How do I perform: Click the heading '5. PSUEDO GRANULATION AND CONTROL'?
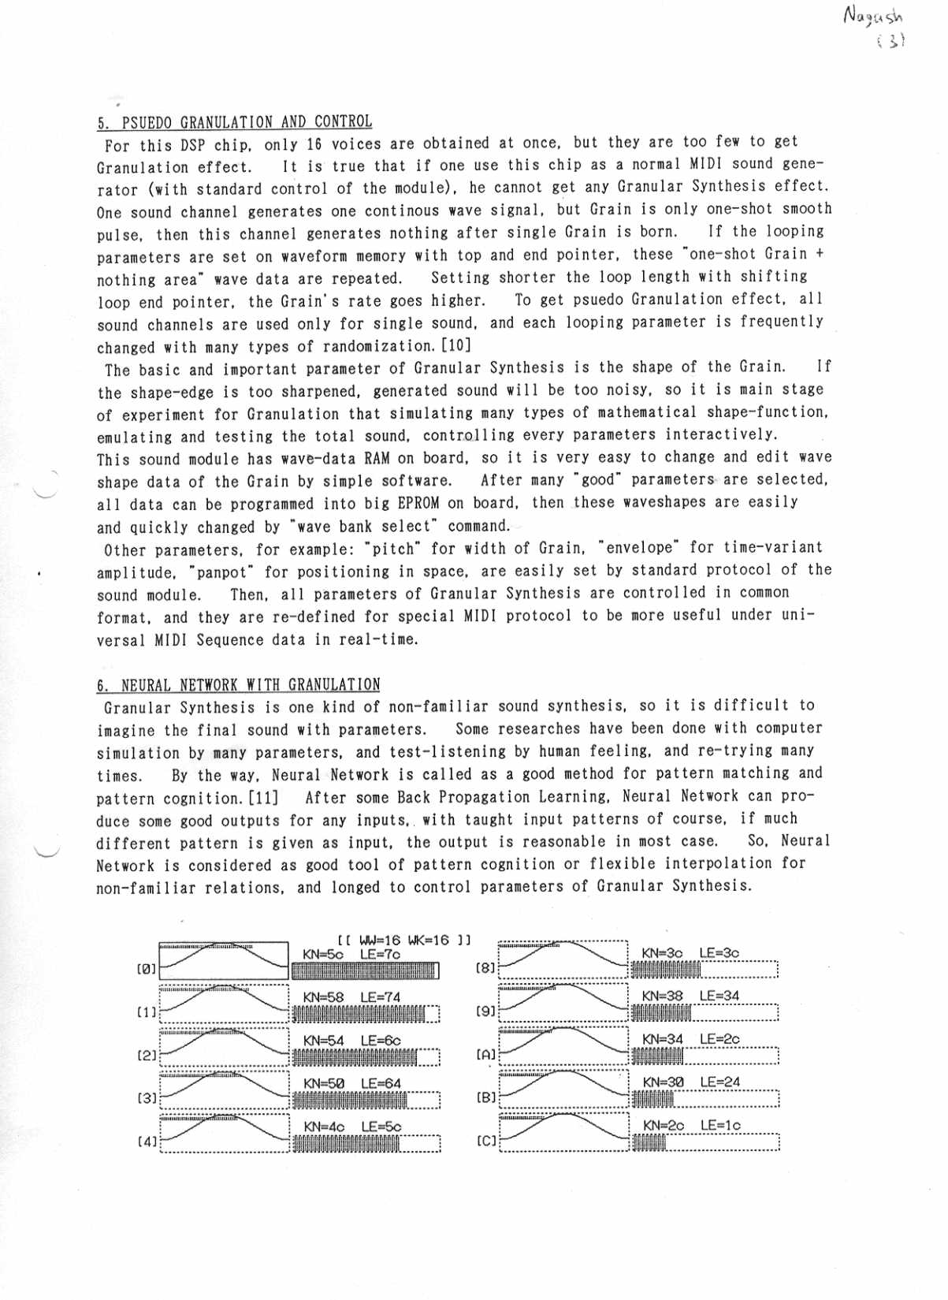(x=234, y=122)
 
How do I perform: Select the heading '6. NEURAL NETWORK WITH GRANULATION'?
(x=238, y=684)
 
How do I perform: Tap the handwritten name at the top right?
(x=873, y=16)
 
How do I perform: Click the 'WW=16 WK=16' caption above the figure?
(x=403, y=940)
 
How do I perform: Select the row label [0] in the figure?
(x=147, y=968)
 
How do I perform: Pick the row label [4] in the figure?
(x=147, y=1141)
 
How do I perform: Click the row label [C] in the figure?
(x=486, y=1140)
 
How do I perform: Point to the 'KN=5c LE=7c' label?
(x=351, y=954)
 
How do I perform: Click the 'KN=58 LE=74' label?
(x=351, y=997)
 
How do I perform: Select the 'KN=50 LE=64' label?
(x=352, y=1084)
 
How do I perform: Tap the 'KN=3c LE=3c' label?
(x=690, y=953)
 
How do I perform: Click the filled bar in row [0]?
(x=364, y=970)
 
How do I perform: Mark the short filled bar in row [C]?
(x=649, y=1143)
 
